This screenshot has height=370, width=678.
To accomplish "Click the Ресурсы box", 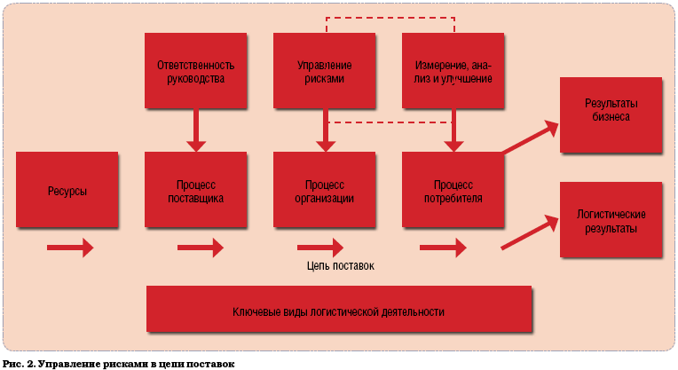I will click(67, 191).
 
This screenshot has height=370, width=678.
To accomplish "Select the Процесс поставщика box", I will click(195, 191).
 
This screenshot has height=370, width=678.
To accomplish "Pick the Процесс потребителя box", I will click(453, 191).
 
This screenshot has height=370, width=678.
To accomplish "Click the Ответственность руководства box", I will click(195, 71).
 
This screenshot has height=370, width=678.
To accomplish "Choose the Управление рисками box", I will click(324, 71).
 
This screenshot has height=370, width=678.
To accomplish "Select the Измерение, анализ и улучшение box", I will click(453, 71).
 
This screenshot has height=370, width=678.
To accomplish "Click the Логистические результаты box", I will click(610, 221).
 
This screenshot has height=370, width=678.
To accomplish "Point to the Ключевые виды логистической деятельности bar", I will click(338, 311).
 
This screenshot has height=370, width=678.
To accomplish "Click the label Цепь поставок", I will click(341, 265).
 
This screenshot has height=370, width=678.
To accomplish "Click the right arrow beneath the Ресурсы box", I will click(70, 247).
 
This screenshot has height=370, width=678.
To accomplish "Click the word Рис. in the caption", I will click(12, 364).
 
